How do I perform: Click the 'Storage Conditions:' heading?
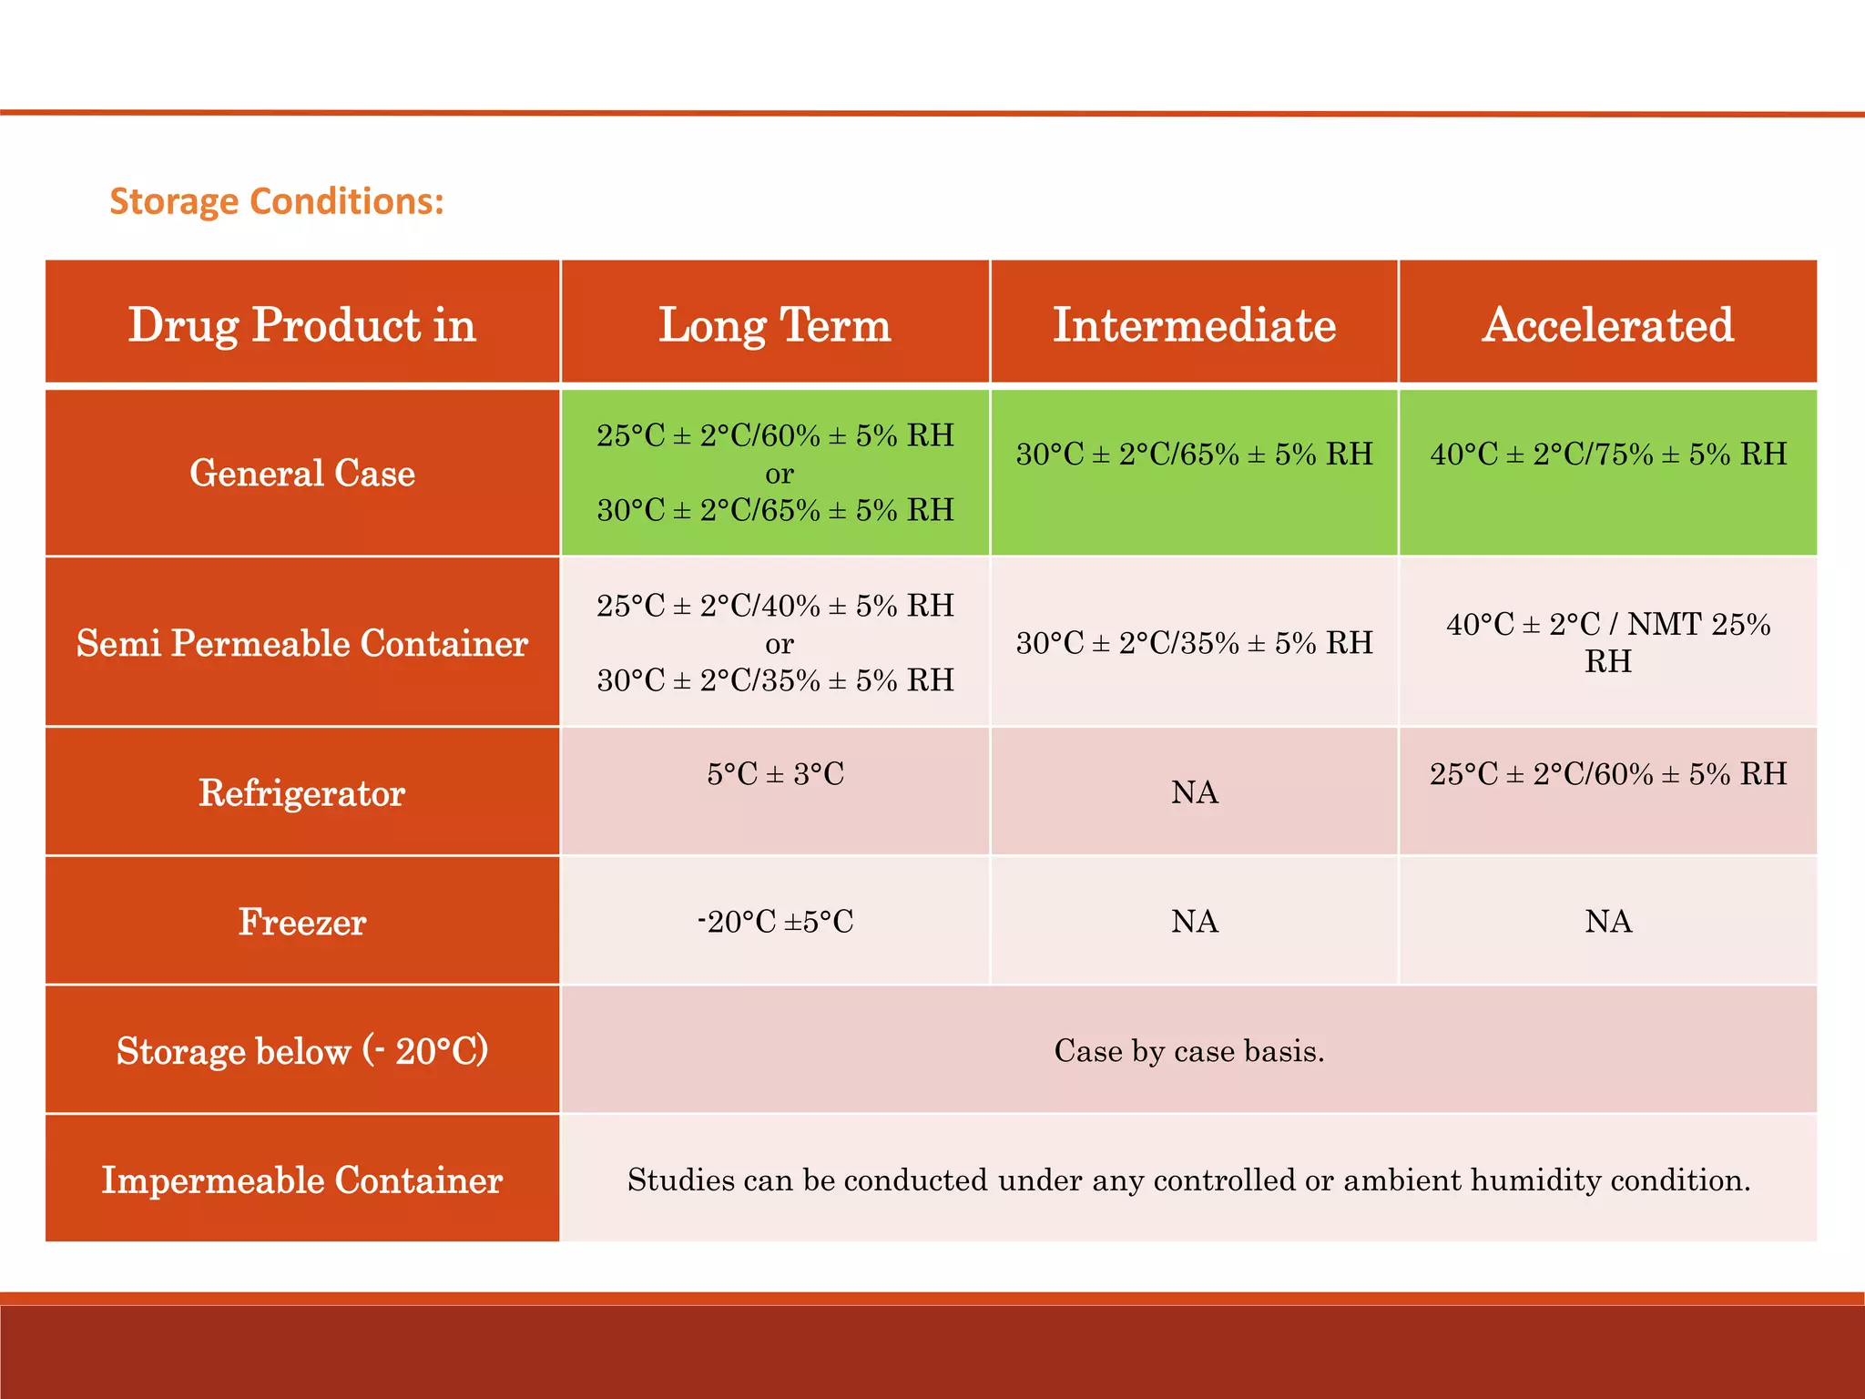pos(277,201)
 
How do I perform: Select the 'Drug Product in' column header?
pos(301,324)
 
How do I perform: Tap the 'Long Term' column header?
pos(775,324)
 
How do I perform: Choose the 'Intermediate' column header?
pos(1194,324)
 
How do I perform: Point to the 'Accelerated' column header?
pos(1607,324)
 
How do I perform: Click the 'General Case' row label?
pos(301,473)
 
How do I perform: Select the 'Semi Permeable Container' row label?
pos(301,643)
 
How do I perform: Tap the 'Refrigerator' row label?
pos(301,792)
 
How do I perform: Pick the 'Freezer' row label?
pos(301,922)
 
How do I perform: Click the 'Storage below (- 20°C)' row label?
pos(301,1051)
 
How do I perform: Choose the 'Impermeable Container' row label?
pos(301,1180)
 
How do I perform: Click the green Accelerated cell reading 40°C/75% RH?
pos(1607,454)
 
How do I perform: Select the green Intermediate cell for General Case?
pos(1194,454)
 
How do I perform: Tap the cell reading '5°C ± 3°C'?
pos(775,774)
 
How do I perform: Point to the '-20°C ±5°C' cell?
pos(775,922)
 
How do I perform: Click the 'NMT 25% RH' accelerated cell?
pos(1607,642)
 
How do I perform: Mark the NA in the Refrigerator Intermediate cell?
pos(1194,792)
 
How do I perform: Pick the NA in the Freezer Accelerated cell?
pos(1607,922)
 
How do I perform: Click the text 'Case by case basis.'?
pos(1188,1051)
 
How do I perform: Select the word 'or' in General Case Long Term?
pos(779,474)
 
